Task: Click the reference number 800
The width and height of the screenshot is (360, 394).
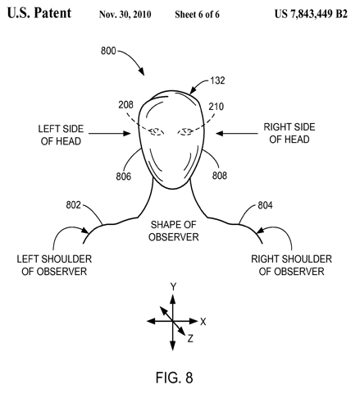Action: [108, 51]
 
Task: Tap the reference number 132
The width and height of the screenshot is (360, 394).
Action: [217, 80]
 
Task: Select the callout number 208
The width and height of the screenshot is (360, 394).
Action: [125, 104]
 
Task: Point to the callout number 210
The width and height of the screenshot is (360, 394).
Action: [216, 107]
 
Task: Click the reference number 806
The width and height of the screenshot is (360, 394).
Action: [124, 176]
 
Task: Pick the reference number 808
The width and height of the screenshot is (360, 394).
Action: [220, 176]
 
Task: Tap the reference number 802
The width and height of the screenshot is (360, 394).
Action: [74, 205]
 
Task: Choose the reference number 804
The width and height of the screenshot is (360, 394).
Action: [265, 205]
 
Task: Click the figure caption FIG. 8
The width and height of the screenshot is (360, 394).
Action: [175, 378]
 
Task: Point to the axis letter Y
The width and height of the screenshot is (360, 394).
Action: [173, 286]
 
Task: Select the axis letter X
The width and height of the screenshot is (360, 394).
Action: [203, 322]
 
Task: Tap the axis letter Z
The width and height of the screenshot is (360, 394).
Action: [190, 339]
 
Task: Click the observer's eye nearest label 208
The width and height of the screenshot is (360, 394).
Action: [157, 132]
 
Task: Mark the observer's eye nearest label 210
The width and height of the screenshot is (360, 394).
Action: [186, 132]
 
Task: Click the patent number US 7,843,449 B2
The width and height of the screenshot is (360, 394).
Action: [311, 14]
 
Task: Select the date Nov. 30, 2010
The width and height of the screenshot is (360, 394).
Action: [125, 14]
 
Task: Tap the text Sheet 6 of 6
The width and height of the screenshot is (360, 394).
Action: [197, 14]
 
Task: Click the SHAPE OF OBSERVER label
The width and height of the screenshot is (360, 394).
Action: [174, 231]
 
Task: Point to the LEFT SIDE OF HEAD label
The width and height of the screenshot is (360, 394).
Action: [61, 135]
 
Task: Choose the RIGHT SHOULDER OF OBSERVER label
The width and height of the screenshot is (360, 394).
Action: [292, 265]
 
